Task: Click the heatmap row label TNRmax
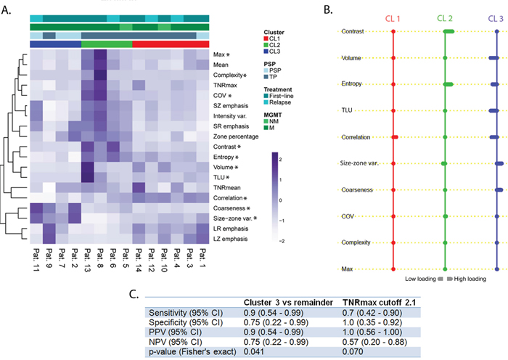211,85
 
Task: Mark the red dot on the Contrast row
393,32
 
